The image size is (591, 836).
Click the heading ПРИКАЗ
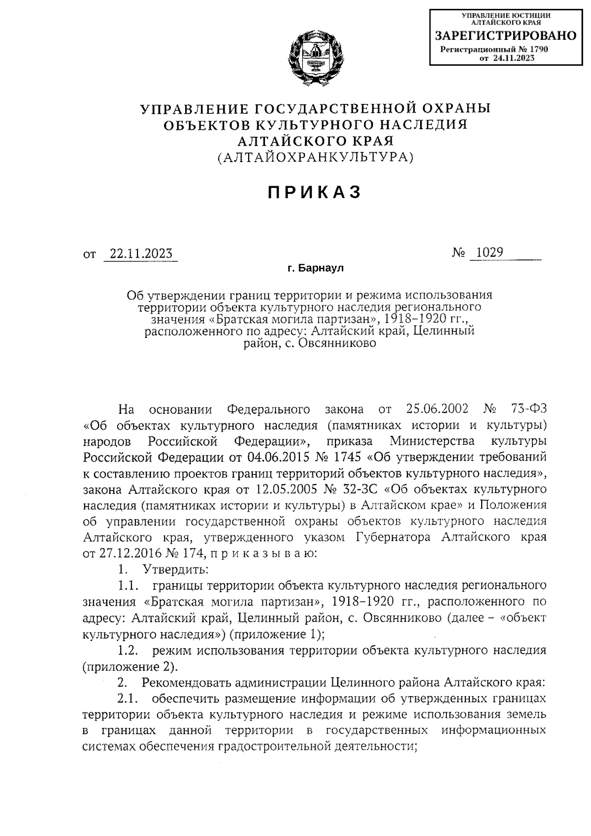(x=315, y=192)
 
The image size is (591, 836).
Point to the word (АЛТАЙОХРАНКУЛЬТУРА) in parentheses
(x=315, y=158)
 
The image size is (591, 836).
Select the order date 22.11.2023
(x=141, y=254)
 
